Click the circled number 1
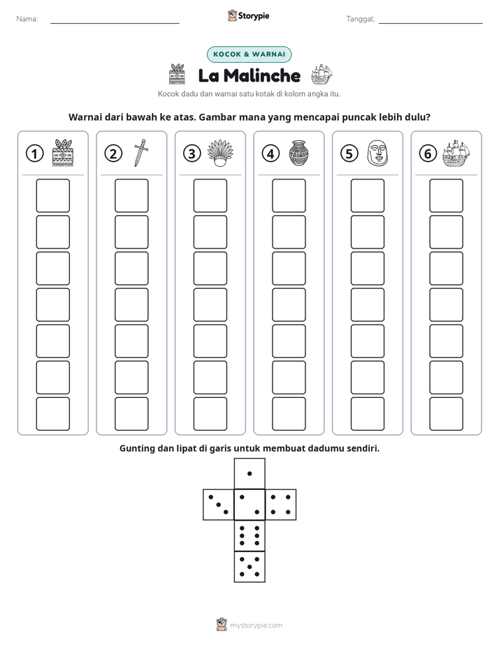pos(34,154)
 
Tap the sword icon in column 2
pos(140,153)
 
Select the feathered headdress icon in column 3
pos(220,153)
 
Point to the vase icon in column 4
pos(298,153)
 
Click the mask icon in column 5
pos(377,153)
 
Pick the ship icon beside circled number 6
pos(456,153)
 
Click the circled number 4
pos(270,154)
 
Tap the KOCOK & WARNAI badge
pos(249,54)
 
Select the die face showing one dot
pos(249,473)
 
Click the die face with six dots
pos(249,535)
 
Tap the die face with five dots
pos(249,567)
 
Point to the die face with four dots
pos(281,505)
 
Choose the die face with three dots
pos(219,505)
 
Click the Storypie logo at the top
pos(248,16)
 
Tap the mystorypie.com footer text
pos(256,625)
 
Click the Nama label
pos(27,19)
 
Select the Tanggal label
pos(360,19)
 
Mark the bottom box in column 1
pos(52,414)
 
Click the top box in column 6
pos(446,195)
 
